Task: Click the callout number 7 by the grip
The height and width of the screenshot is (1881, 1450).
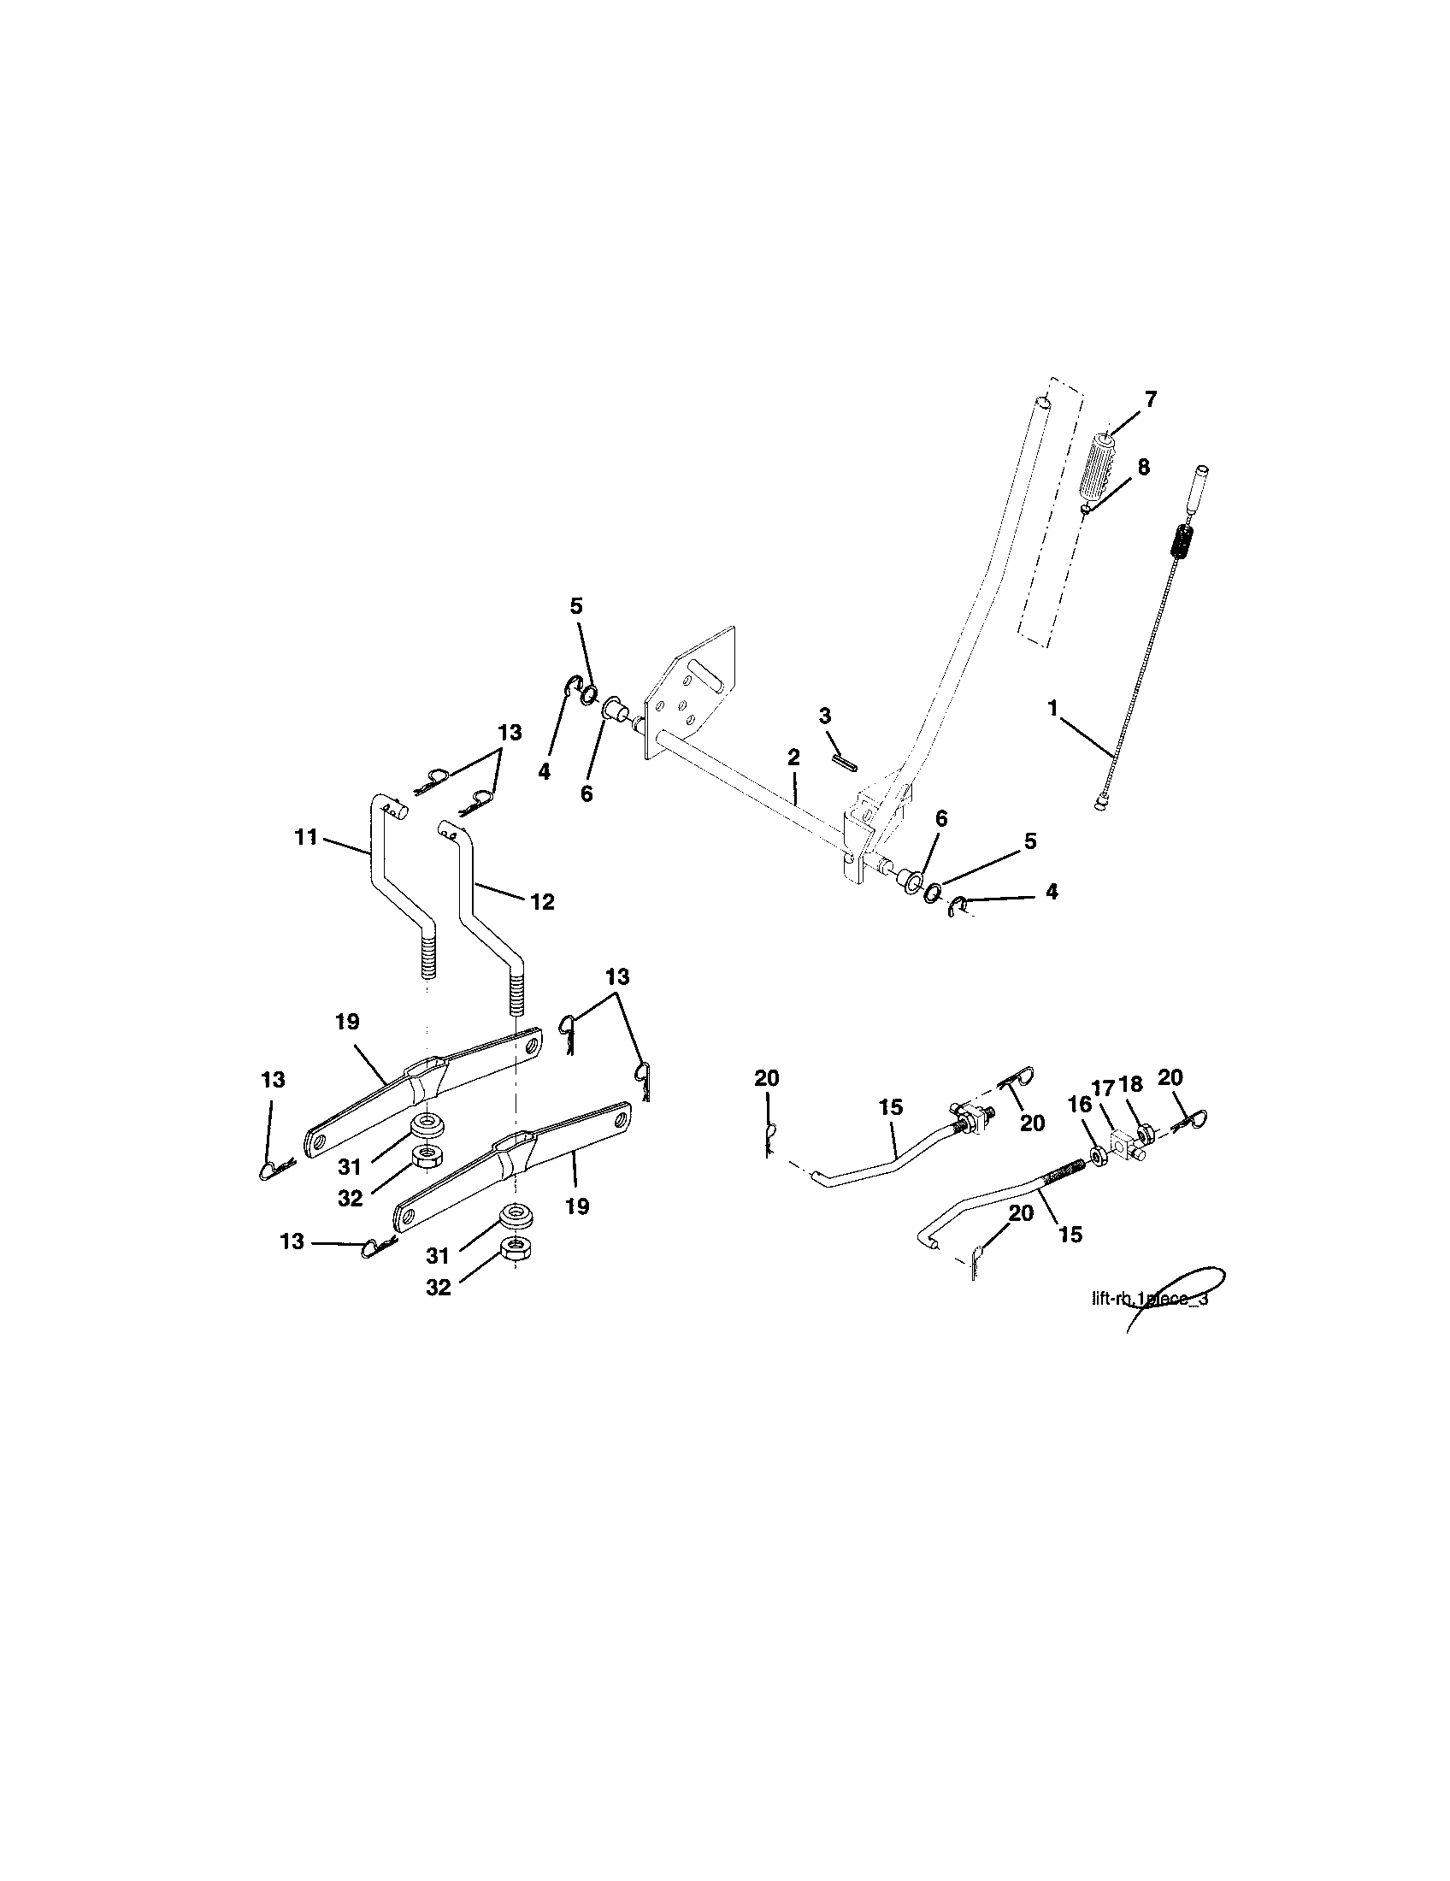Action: (1151, 399)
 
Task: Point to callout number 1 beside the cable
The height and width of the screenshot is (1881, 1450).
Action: (1052, 707)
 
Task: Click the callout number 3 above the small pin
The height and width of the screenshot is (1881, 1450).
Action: (825, 716)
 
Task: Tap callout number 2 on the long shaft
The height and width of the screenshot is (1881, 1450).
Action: (793, 757)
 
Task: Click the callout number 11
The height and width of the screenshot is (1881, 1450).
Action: (307, 836)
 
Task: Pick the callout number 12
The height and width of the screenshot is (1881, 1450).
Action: (542, 902)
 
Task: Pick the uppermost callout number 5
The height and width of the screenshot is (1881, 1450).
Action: (576, 606)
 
